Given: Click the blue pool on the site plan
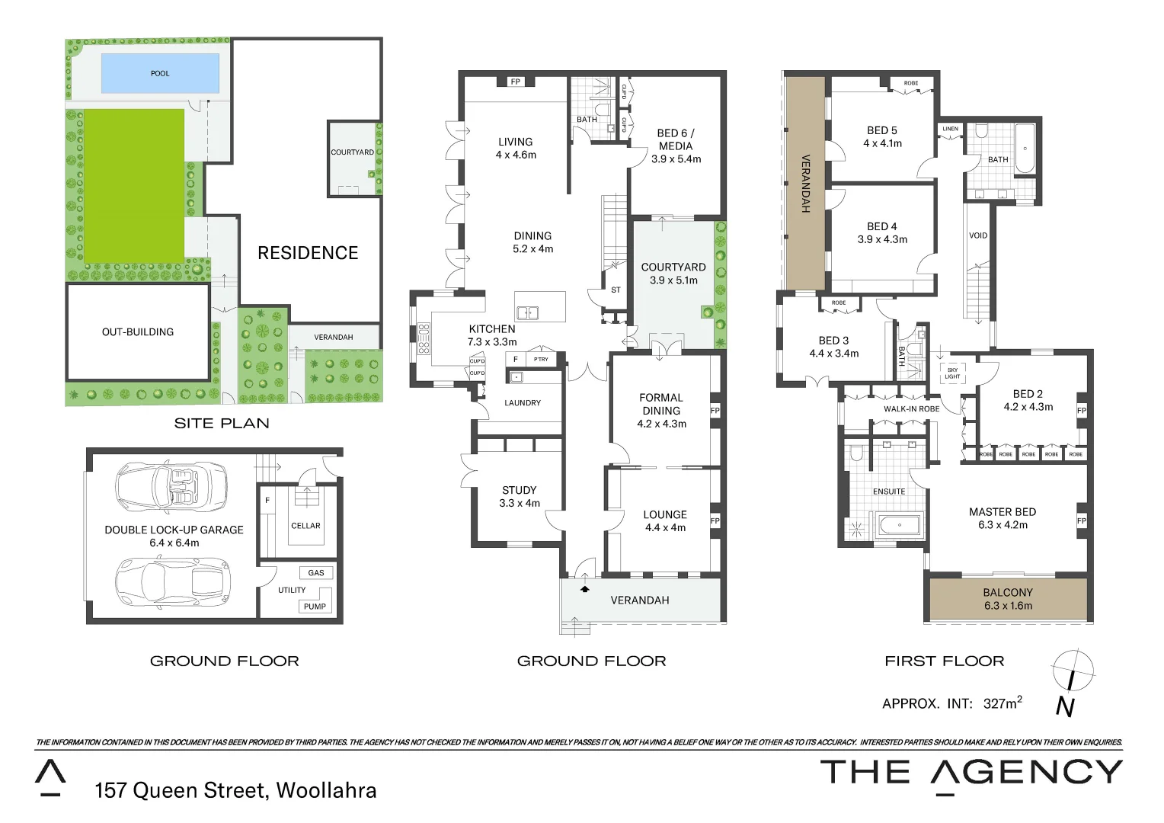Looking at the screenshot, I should coord(160,73).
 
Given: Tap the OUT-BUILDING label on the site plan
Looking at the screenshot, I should coord(138,331).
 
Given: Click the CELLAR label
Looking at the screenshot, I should coord(305,526).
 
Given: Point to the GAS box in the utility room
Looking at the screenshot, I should coord(316,573).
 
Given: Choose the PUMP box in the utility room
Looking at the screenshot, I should coord(315,607).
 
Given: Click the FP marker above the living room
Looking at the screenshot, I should coord(516,82).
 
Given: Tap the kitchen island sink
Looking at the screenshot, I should coord(527,312).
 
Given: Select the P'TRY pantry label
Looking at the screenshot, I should coord(541,359).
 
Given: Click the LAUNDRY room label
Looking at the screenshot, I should coord(523,403).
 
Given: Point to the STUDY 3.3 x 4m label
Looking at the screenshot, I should coord(520,497).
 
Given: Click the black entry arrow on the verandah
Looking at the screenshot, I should coord(584,588).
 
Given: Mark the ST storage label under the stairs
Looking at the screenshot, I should coord(616,290).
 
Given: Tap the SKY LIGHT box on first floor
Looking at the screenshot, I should coord(952,373).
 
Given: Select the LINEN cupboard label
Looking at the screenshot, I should coord(951,129).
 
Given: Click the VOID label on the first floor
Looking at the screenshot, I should coord(978,235).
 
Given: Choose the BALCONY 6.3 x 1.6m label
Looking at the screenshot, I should coord(1008,599).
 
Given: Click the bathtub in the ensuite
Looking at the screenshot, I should coord(899,526).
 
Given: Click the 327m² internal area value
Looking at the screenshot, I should coord(1002,703).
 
